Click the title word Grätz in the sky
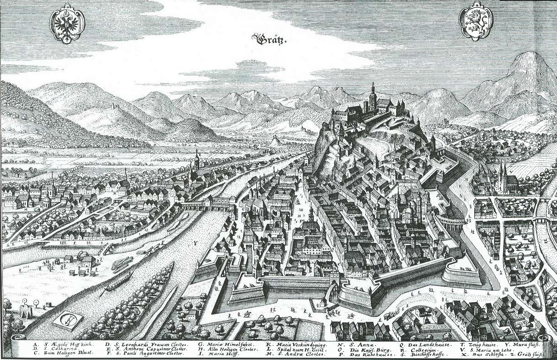point(270,40)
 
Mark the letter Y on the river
point(195,242)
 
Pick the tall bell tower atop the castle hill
point(373,94)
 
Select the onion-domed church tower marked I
point(197,161)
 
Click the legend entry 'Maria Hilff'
point(217,355)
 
